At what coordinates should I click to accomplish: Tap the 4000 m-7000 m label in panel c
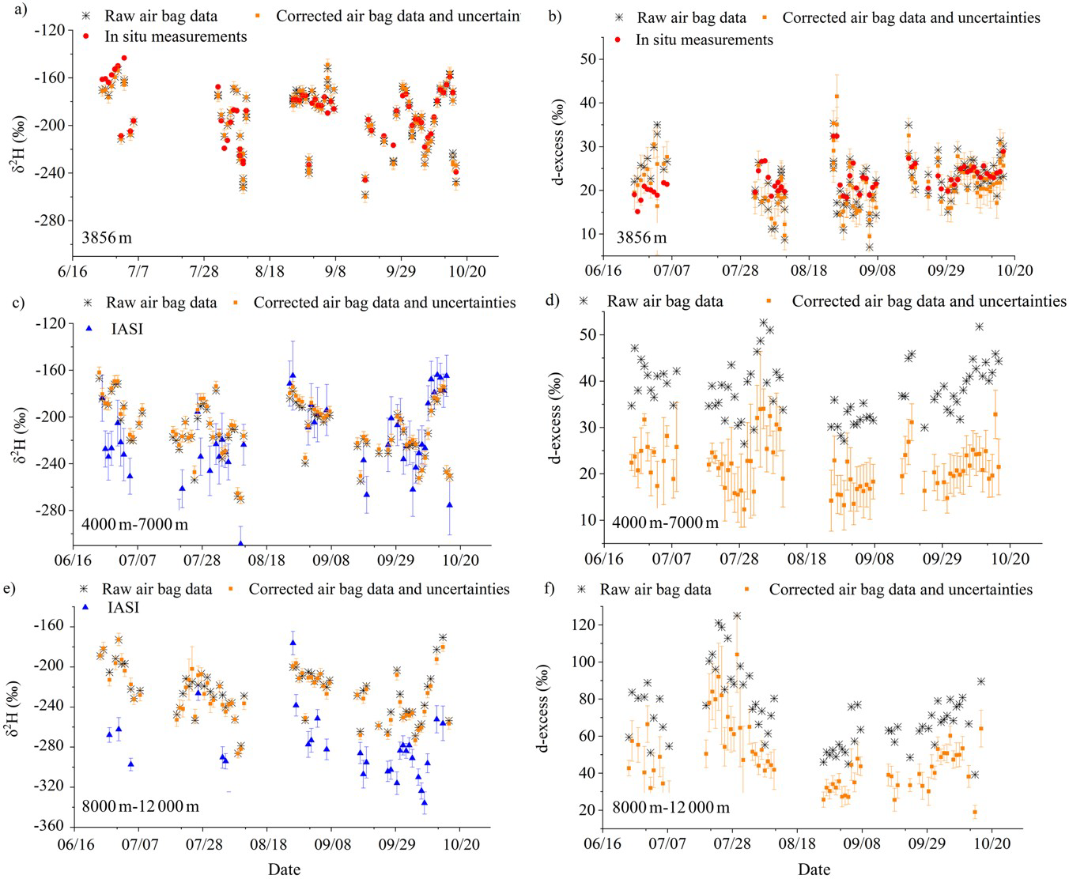click(x=135, y=522)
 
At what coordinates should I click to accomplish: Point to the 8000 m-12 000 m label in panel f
click(x=670, y=807)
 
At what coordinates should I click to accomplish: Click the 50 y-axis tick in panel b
click(x=586, y=58)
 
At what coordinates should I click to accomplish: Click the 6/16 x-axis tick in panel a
click(x=73, y=271)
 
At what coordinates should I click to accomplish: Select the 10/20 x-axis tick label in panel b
click(x=1015, y=271)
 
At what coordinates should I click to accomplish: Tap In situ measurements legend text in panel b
click(x=704, y=40)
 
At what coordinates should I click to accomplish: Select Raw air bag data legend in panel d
click(x=664, y=301)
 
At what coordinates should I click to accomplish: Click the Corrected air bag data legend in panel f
click(x=900, y=590)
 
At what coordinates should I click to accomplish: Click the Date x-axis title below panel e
click(x=284, y=870)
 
